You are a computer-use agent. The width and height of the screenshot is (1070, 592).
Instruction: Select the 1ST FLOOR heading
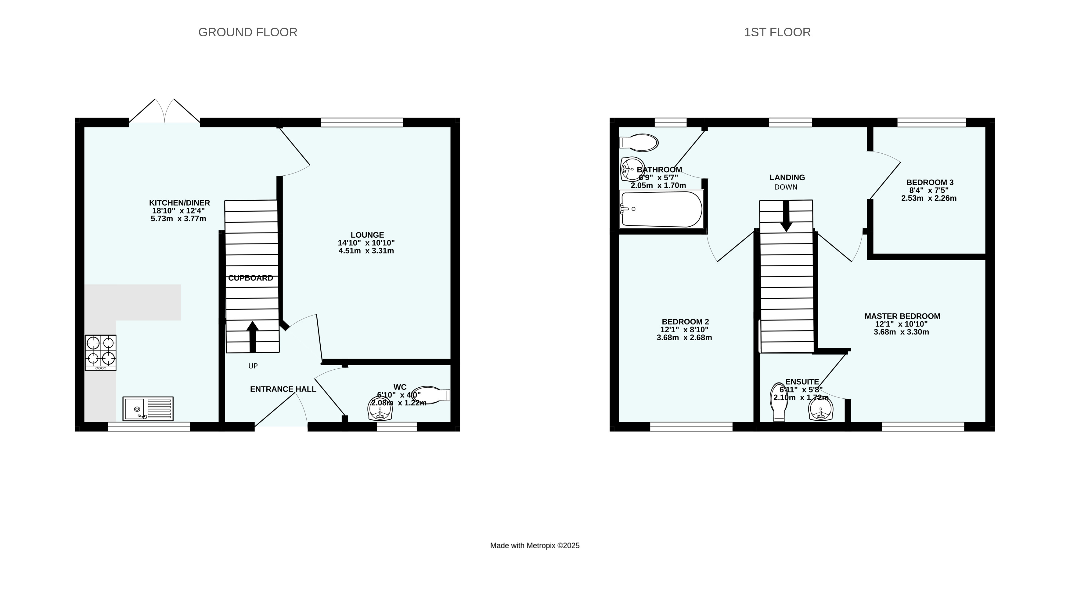click(x=777, y=32)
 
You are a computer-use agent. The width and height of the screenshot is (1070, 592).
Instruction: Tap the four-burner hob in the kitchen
click(x=100, y=353)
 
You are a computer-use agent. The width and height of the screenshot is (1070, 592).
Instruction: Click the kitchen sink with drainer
click(x=148, y=409)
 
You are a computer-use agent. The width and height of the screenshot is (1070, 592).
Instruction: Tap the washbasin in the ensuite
click(x=821, y=409)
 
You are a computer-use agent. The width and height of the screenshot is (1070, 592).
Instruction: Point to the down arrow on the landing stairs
click(x=786, y=216)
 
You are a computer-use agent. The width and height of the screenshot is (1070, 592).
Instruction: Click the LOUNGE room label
click(x=367, y=235)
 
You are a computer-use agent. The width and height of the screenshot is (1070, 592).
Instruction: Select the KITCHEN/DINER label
click(x=179, y=203)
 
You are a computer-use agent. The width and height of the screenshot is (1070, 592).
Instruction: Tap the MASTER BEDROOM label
click(x=902, y=316)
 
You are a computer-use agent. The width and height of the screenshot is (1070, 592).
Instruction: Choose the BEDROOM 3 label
click(x=930, y=182)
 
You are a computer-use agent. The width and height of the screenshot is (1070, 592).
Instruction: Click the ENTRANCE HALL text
click(x=283, y=389)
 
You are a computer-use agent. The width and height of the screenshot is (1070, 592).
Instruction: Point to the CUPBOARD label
click(x=250, y=278)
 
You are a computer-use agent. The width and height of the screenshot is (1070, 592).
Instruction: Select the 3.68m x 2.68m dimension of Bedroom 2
click(x=684, y=338)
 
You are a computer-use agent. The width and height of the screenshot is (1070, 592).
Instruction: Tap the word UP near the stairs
click(x=253, y=366)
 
